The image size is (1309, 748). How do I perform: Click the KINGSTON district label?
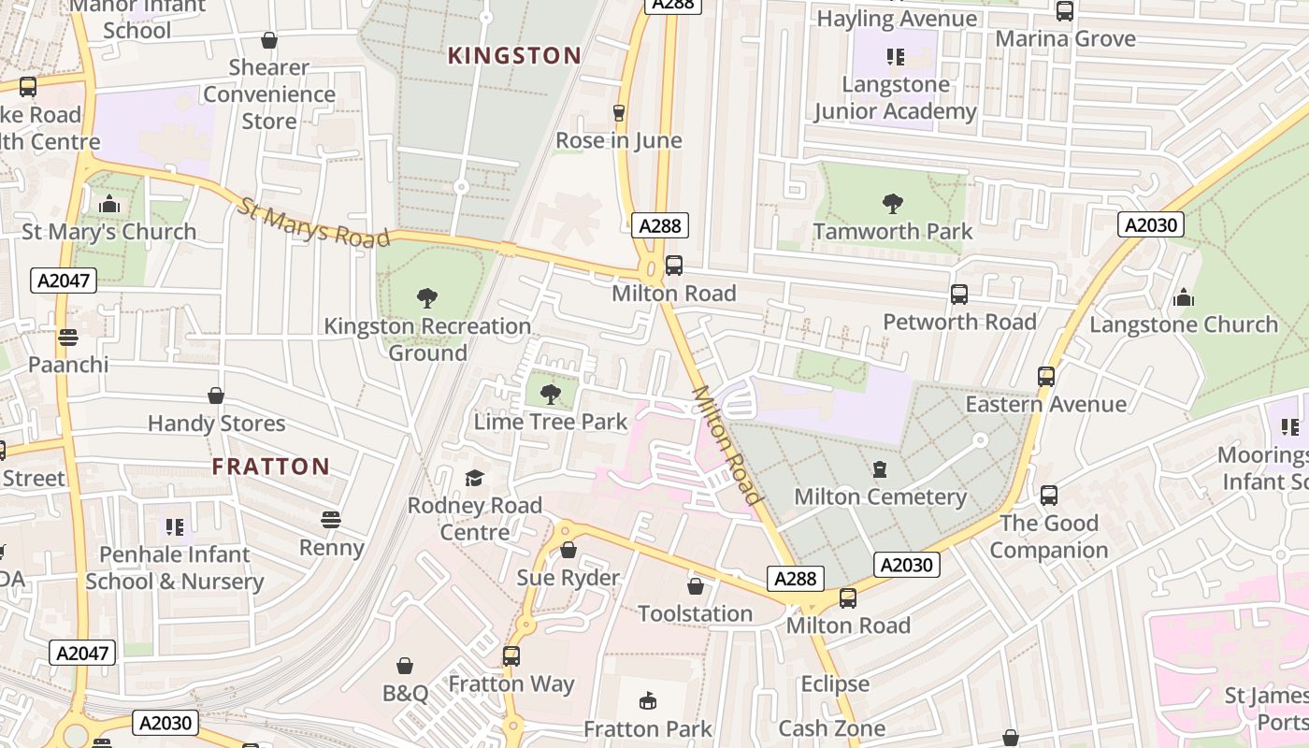pos(514,56)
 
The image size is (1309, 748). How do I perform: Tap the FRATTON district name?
pos(270,467)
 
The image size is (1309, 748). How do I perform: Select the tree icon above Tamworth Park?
pos(893,203)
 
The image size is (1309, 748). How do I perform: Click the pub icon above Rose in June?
pos(618,113)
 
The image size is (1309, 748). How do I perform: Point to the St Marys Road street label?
pos(312,223)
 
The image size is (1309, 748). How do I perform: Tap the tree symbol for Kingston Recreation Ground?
pos(427,298)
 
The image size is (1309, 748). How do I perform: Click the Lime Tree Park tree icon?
pos(551,394)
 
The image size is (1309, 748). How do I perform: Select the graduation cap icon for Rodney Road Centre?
pos(475,479)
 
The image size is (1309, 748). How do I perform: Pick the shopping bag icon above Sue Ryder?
pos(568,550)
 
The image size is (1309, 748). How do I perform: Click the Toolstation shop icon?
pos(696,586)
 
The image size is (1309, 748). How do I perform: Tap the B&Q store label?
pos(405,693)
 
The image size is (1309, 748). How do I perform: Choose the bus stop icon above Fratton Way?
pos(511,656)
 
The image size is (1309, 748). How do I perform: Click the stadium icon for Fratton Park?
pos(647,700)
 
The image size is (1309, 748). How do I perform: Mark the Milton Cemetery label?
pos(880,496)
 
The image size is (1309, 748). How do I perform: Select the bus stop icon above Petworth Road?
pos(959,295)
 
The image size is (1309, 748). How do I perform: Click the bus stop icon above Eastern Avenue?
pos(1046,377)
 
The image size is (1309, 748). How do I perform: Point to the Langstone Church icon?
pos(1184,297)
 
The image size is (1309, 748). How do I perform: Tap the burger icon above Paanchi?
pos(67,337)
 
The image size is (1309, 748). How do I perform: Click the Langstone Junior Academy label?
pos(895,98)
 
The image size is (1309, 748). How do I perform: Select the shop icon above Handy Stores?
pos(216,396)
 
